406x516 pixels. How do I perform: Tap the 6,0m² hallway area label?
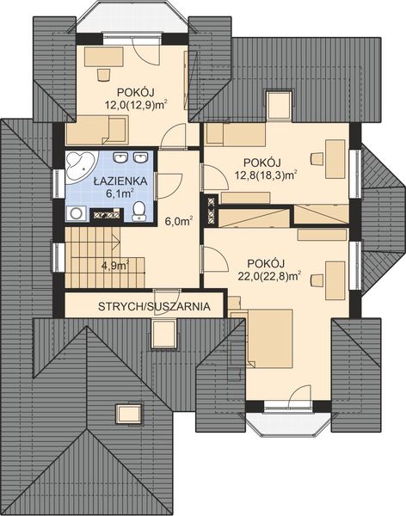pos(177,220)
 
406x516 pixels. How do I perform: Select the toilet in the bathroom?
pos(138,213)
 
